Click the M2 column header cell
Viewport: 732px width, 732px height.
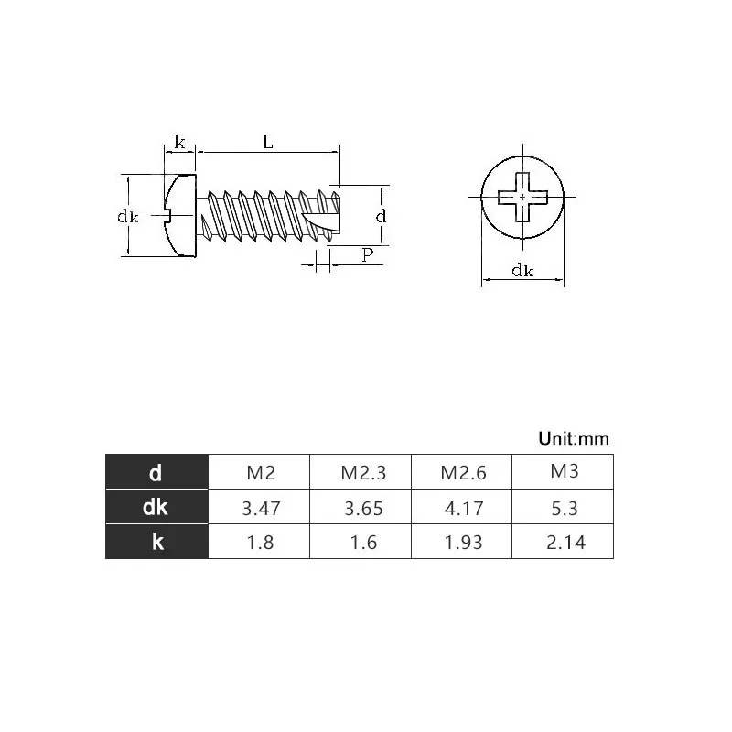pos(261,473)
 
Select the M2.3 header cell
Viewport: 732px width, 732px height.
pos(361,473)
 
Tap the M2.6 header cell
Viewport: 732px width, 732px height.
pos(462,473)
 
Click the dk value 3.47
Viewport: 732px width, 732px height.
pos(261,508)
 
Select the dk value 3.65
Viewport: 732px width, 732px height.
pos(361,508)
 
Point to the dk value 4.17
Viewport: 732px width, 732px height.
pos(462,508)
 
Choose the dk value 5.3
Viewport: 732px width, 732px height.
pos(564,508)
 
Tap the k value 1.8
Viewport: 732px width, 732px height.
pos(261,542)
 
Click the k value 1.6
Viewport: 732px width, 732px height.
pos(361,542)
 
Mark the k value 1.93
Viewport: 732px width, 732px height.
pos(462,542)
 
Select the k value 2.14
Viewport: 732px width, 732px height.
pos(564,542)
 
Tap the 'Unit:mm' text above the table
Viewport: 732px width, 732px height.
pos(573,439)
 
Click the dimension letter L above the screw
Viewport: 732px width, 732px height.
pos(268,142)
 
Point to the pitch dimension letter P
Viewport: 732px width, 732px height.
pos(368,254)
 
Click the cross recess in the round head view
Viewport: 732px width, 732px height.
pos(522,197)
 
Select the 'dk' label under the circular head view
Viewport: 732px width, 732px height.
pos(522,270)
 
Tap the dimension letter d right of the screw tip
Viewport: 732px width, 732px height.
pos(381,216)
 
